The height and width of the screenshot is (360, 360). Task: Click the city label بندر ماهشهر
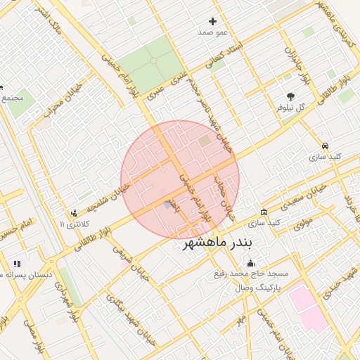click(x=221, y=243)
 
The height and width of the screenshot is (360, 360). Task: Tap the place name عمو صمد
click(x=212, y=32)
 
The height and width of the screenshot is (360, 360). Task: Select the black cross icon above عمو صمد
click(x=212, y=22)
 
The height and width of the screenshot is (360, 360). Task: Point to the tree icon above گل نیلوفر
click(x=290, y=96)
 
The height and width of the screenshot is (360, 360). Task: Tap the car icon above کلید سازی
click(x=324, y=146)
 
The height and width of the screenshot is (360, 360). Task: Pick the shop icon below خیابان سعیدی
click(x=264, y=212)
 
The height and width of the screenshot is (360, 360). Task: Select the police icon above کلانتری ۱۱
click(x=73, y=214)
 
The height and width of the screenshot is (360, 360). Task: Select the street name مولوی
click(x=302, y=222)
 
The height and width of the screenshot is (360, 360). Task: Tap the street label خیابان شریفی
click(x=137, y=263)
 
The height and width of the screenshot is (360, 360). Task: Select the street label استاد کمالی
click(x=224, y=56)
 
